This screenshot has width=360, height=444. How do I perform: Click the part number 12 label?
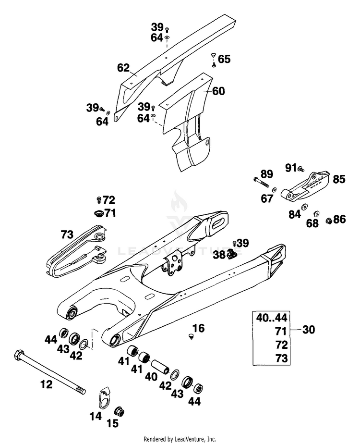(47, 384)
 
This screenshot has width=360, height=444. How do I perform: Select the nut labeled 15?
(119, 411)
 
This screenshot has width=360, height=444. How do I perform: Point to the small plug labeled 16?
(192, 336)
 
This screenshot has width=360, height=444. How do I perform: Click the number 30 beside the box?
(309, 330)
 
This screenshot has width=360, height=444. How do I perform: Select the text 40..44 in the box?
(272, 318)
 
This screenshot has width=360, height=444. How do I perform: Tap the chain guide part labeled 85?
(305, 186)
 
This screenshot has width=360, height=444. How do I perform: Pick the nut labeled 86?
(328, 220)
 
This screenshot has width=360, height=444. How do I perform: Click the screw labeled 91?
(301, 169)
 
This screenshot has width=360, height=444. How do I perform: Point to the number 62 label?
(123, 68)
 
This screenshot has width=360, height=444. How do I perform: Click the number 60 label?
(218, 91)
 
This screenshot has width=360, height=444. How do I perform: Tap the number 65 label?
(224, 59)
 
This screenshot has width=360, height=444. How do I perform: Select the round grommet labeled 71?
(99, 213)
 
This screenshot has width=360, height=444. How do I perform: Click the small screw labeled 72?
(99, 200)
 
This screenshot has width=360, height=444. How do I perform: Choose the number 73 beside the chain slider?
(67, 234)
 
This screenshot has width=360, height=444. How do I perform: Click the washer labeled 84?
(305, 207)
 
